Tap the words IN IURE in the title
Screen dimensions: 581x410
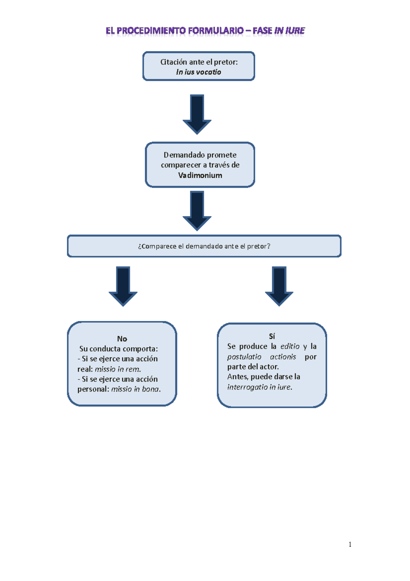[x=289, y=31]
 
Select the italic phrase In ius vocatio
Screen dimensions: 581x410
[x=199, y=72]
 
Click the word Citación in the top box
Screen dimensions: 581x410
[x=174, y=62]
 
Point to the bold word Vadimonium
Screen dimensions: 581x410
[x=200, y=176]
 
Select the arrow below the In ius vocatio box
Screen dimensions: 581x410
[x=197, y=114]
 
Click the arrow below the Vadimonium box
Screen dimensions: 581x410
[x=197, y=210]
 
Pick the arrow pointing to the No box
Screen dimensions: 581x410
[x=123, y=286]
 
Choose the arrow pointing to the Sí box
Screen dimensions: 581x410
[x=279, y=286]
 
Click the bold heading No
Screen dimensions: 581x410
[x=122, y=339]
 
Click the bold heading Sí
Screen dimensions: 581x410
[x=272, y=336]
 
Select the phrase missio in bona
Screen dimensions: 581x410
[x=135, y=389]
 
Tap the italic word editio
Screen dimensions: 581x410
[x=290, y=347]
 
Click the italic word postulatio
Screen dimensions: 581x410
[x=244, y=357]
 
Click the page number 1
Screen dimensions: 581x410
[x=350, y=544]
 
